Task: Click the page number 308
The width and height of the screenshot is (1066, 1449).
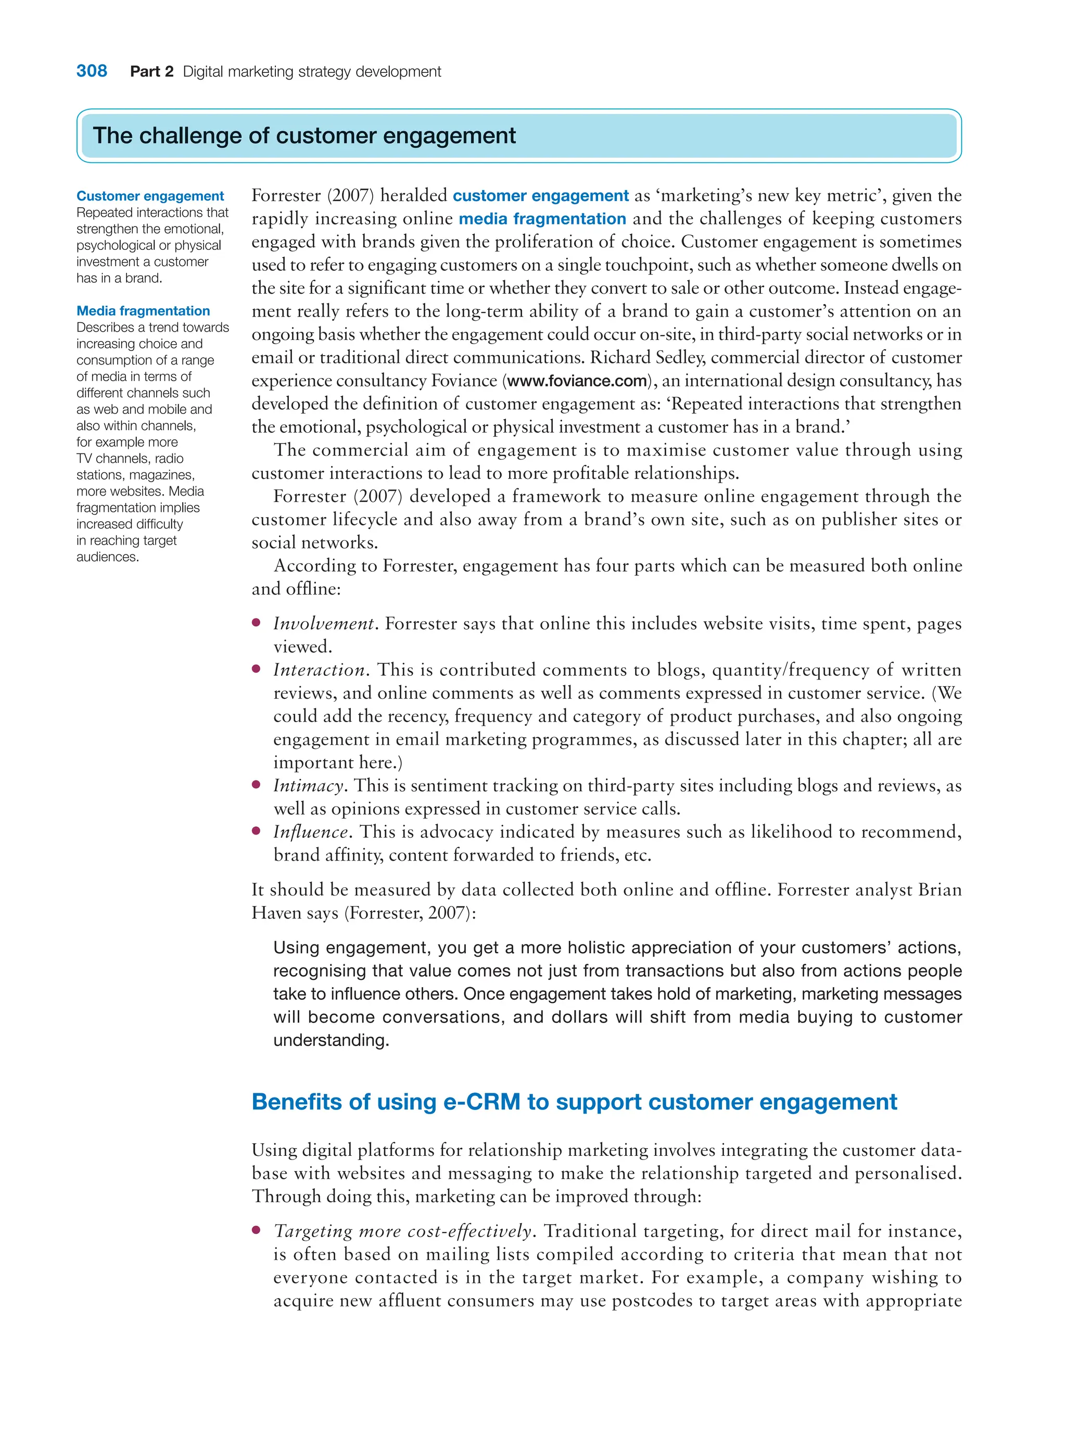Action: tap(92, 71)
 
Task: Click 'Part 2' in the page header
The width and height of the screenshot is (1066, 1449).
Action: tap(151, 72)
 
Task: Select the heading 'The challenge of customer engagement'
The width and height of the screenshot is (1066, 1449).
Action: tap(304, 135)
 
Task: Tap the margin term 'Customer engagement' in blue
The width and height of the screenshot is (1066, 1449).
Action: tap(150, 196)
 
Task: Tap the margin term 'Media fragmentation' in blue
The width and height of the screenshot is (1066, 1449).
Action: tap(143, 311)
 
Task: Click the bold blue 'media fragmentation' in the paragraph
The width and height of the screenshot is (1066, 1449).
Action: tap(542, 219)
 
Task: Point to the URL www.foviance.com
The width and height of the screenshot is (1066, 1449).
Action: tap(577, 381)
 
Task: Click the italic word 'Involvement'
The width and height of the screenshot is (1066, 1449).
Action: tap(324, 623)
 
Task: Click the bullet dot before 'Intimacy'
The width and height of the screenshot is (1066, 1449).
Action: tap(256, 785)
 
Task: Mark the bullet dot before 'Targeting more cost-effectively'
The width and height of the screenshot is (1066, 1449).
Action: tap(256, 1230)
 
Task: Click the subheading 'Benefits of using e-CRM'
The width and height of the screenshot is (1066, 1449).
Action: tap(574, 1102)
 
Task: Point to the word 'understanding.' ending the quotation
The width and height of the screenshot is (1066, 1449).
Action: tap(331, 1040)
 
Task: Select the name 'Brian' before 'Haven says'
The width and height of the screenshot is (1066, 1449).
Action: tap(940, 890)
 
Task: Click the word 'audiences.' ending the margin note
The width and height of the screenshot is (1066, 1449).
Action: tap(108, 557)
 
